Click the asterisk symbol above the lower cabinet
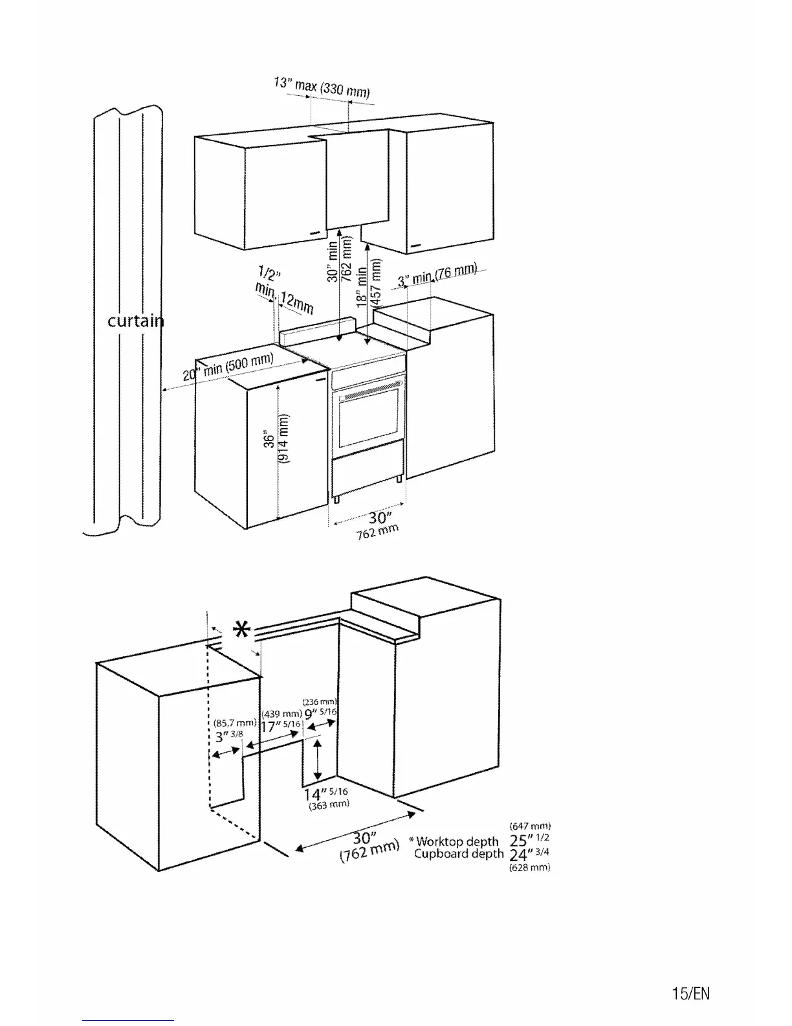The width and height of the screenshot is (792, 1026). tap(241, 629)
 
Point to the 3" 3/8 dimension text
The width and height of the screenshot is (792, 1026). tap(228, 736)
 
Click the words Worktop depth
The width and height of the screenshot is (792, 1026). tap(457, 841)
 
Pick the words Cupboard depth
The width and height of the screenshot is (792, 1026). tap(459, 854)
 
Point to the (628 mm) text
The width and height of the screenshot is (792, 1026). tap(530, 867)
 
